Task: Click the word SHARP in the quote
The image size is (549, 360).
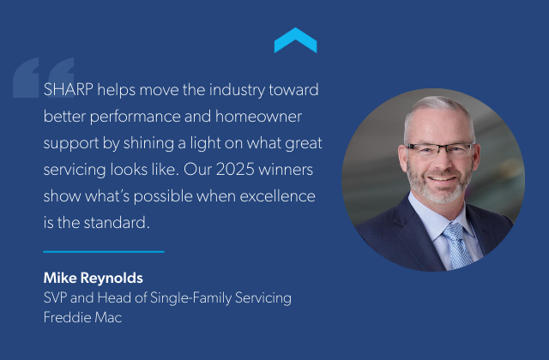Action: (67, 88)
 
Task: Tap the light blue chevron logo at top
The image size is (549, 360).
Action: (295, 40)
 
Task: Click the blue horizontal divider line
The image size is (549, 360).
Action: (103, 251)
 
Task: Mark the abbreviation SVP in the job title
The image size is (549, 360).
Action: (55, 297)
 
